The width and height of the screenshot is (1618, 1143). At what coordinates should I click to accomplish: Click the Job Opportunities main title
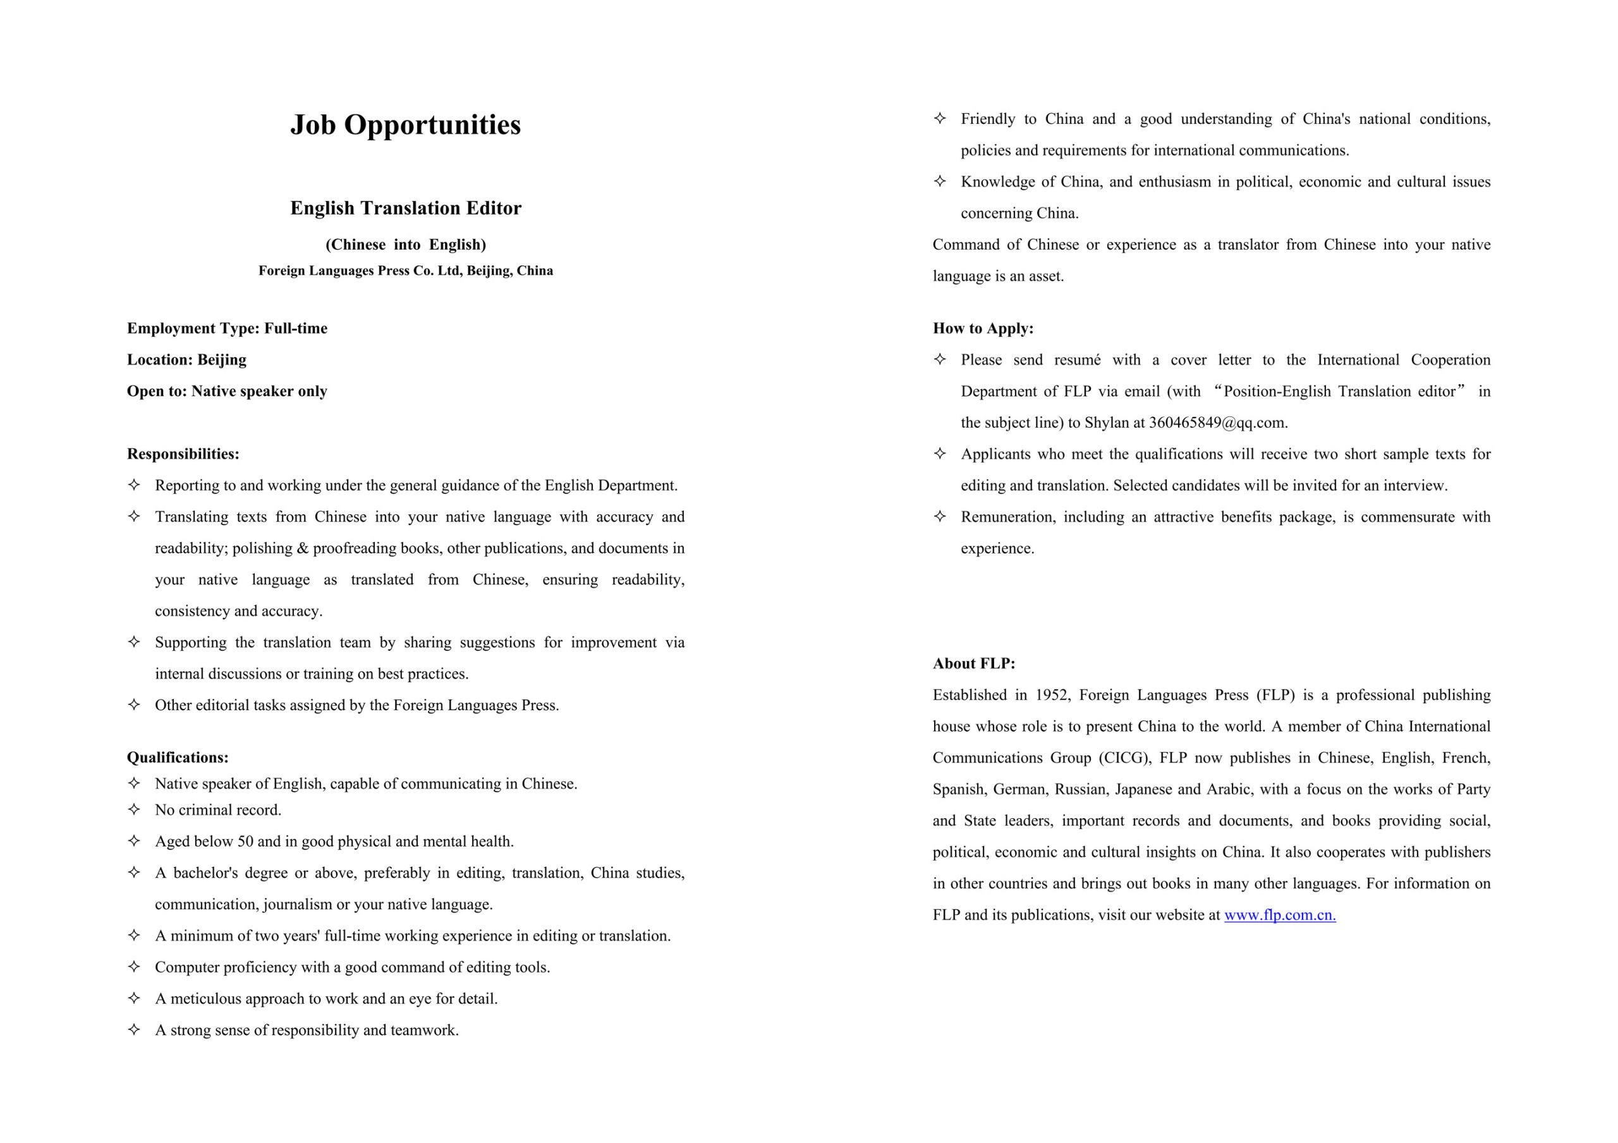tap(405, 126)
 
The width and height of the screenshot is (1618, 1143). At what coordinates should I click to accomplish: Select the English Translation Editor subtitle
tap(405, 208)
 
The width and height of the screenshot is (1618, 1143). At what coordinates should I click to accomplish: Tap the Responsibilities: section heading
tap(183, 454)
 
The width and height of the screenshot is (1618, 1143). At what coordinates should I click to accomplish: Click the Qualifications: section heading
tap(178, 758)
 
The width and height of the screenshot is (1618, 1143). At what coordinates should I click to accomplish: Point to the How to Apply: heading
tap(983, 329)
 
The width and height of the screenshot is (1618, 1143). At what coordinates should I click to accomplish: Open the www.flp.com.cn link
tap(1280, 915)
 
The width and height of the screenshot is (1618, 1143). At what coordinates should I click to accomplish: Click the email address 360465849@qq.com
tap(1217, 423)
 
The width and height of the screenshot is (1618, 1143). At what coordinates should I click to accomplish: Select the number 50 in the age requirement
tap(246, 842)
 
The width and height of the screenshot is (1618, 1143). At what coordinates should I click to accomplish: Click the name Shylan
tap(1108, 423)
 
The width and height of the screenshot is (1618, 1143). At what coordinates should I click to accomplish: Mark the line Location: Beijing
tap(186, 360)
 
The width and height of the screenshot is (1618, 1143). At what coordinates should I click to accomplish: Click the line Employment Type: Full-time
tap(227, 329)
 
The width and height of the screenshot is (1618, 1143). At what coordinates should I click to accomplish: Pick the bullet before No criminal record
tap(134, 809)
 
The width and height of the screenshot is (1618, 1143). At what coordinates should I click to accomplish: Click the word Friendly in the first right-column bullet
tap(988, 119)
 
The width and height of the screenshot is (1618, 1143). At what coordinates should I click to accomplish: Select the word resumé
tap(1077, 360)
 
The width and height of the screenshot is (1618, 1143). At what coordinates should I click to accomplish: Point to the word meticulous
tap(205, 998)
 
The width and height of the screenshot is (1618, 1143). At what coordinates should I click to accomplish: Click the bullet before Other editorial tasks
tap(134, 704)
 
